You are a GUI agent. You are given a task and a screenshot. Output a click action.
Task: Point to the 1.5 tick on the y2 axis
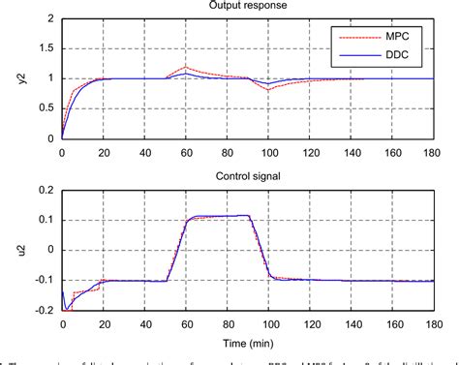[48, 48]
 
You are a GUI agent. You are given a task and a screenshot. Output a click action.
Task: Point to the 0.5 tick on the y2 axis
[48, 108]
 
